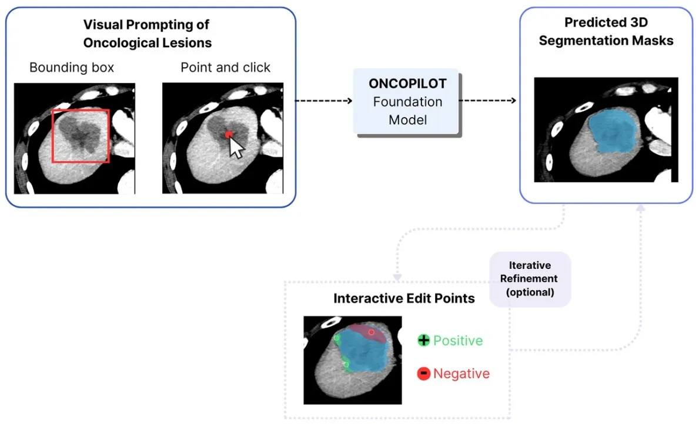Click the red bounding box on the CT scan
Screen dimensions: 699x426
[x=52, y=136]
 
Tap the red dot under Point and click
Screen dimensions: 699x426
[x=229, y=134]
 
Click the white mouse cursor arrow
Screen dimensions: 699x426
[x=236, y=148]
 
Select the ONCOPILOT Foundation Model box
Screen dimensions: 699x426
[x=407, y=102]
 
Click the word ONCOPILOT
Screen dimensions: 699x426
[x=407, y=84]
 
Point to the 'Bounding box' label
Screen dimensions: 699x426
[x=72, y=67]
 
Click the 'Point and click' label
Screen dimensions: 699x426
[x=225, y=67]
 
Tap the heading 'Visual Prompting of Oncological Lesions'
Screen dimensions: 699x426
[x=147, y=34]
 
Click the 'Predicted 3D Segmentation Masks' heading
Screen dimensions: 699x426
[x=606, y=31]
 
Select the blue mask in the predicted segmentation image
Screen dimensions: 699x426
[x=614, y=132]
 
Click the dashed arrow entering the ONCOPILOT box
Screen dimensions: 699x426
[x=324, y=101]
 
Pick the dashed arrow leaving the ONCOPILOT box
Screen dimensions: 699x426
[x=488, y=101]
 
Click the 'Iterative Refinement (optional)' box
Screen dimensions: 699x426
[x=530, y=279]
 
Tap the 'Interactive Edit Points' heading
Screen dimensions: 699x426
[x=404, y=298]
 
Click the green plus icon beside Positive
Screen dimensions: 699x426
[x=423, y=340]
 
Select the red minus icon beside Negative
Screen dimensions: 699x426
[x=423, y=374]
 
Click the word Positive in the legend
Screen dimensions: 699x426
[x=458, y=340]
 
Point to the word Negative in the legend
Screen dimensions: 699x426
[x=461, y=374]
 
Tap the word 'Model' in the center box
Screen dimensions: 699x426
[x=407, y=120]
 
